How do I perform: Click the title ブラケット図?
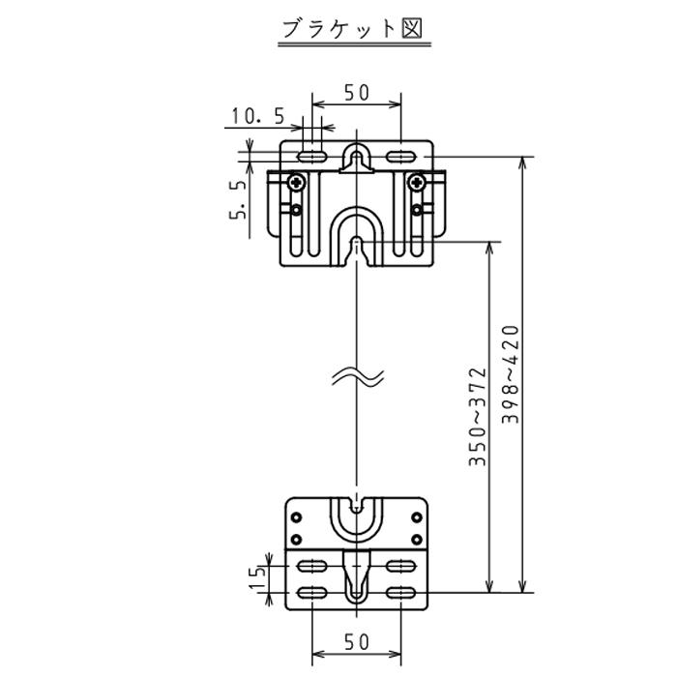351,28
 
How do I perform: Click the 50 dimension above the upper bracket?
357,93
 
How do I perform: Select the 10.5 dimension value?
257,117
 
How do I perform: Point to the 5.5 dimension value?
238,199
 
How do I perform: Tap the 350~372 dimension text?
477,417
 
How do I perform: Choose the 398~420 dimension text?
512,373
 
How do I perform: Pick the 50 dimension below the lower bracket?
357,641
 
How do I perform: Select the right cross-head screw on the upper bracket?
417,180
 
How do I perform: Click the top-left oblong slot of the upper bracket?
311,156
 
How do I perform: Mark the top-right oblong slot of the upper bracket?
400,156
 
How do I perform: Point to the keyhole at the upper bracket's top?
357,158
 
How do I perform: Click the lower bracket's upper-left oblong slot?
311,566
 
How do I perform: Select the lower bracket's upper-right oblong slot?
400,566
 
